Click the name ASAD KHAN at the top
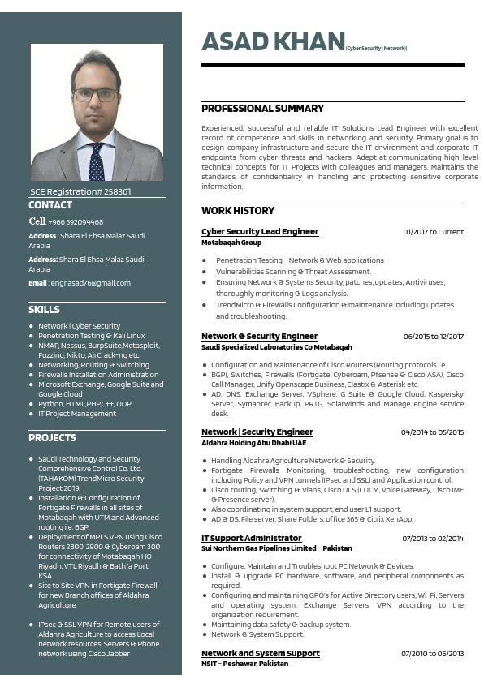click(273, 42)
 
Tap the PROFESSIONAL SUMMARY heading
click(262, 109)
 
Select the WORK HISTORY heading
click(238, 211)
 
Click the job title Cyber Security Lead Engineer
click(260, 232)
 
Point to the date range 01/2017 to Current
click(433, 232)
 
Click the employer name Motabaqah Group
click(231, 243)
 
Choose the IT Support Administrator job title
click(251, 538)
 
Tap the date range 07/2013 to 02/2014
click(433, 538)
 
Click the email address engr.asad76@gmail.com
click(90, 283)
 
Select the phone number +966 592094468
click(76, 221)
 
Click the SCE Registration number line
click(80, 192)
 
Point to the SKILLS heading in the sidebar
click(44, 310)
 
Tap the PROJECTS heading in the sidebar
click(52, 438)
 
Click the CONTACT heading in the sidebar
click(50, 205)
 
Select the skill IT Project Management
click(77, 414)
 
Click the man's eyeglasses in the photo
click(96, 93)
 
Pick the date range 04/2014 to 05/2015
click(432, 432)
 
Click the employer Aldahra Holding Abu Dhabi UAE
click(253, 443)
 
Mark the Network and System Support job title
click(260, 653)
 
